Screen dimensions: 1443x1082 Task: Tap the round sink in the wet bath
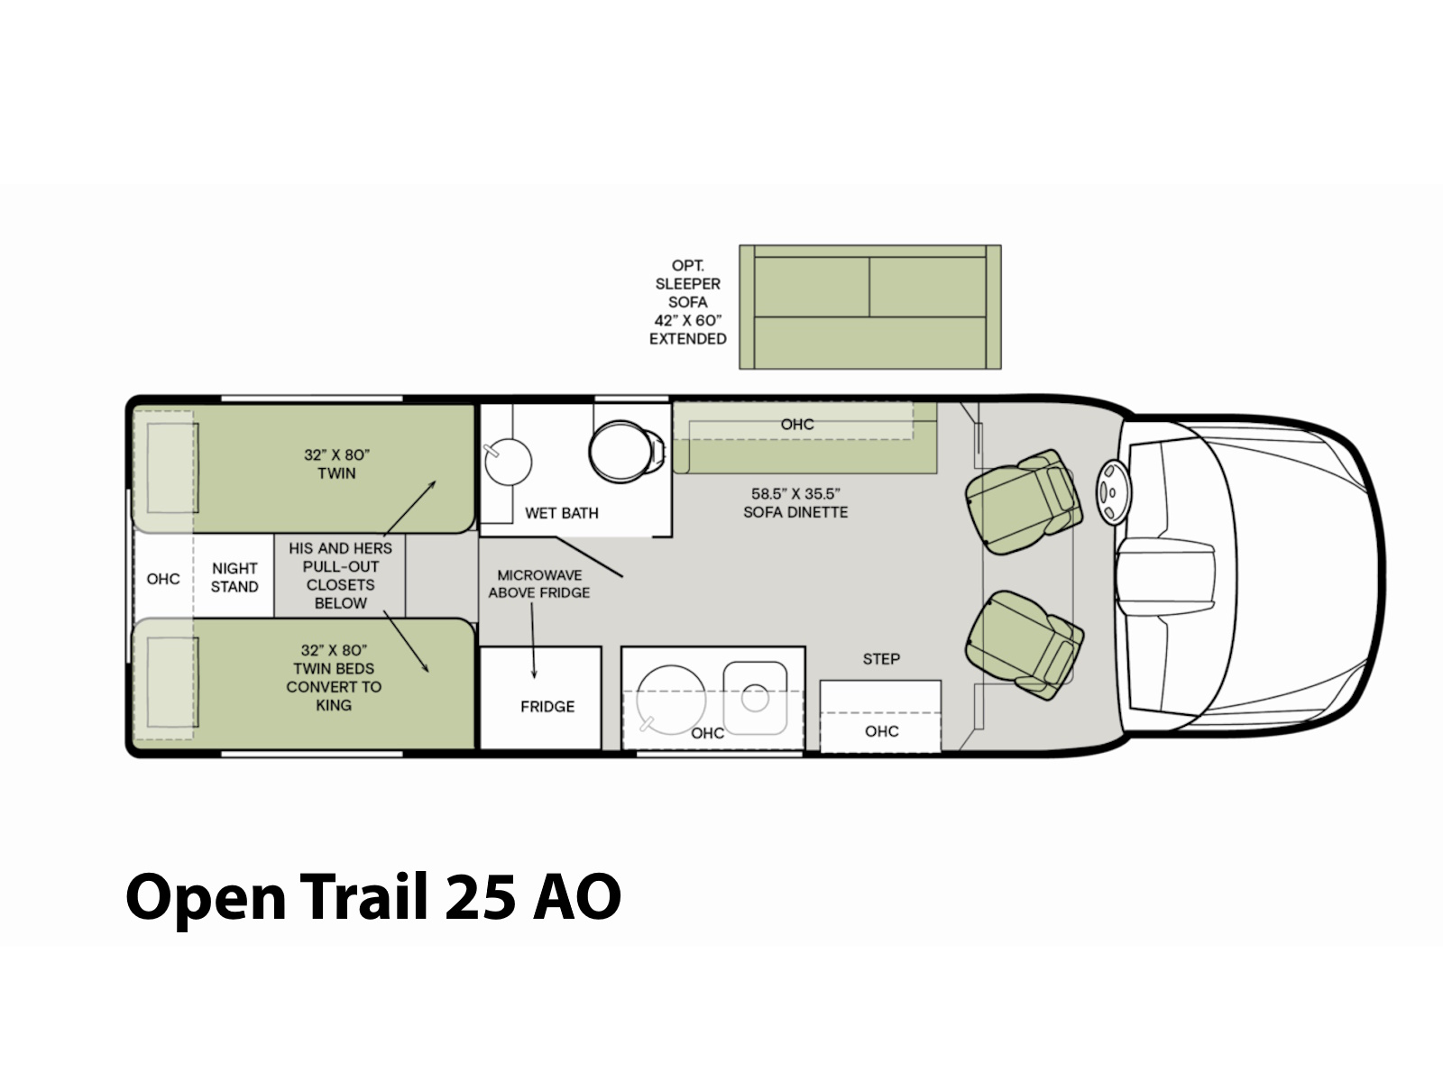pyautogui.click(x=508, y=462)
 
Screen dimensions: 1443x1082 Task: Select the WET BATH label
pyautogui.click(x=562, y=513)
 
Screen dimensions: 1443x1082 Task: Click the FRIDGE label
pyautogui.click(x=547, y=706)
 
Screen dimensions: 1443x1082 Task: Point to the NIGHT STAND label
pyautogui.click(x=234, y=577)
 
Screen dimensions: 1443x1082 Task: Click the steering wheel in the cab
pyautogui.click(x=1112, y=492)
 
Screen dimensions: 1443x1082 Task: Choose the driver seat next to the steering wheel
pyautogui.click(x=1022, y=501)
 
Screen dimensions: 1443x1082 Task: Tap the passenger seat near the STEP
pyautogui.click(x=1024, y=644)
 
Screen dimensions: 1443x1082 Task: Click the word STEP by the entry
pyautogui.click(x=881, y=659)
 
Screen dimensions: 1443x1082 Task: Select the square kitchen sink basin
pyautogui.click(x=755, y=698)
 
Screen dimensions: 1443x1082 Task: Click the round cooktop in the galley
pyautogui.click(x=671, y=699)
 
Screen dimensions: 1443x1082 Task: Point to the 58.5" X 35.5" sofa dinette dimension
pyautogui.click(x=795, y=494)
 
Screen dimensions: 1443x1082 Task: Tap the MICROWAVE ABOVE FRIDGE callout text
pyautogui.click(x=539, y=584)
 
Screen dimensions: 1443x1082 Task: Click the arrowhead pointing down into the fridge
pyautogui.click(x=534, y=674)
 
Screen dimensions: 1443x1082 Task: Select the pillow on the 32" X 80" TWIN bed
pyautogui.click(x=172, y=468)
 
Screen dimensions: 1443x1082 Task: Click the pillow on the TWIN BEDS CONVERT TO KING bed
pyautogui.click(x=172, y=683)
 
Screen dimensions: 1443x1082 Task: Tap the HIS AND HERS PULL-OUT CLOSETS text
pyautogui.click(x=341, y=566)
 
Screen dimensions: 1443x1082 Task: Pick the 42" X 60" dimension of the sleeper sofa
pyautogui.click(x=687, y=321)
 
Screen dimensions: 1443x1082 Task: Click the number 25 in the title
pyautogui.click(x=479, y=897)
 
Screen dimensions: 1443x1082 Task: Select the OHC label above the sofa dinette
pyautogui.click(x=796, y=425)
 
